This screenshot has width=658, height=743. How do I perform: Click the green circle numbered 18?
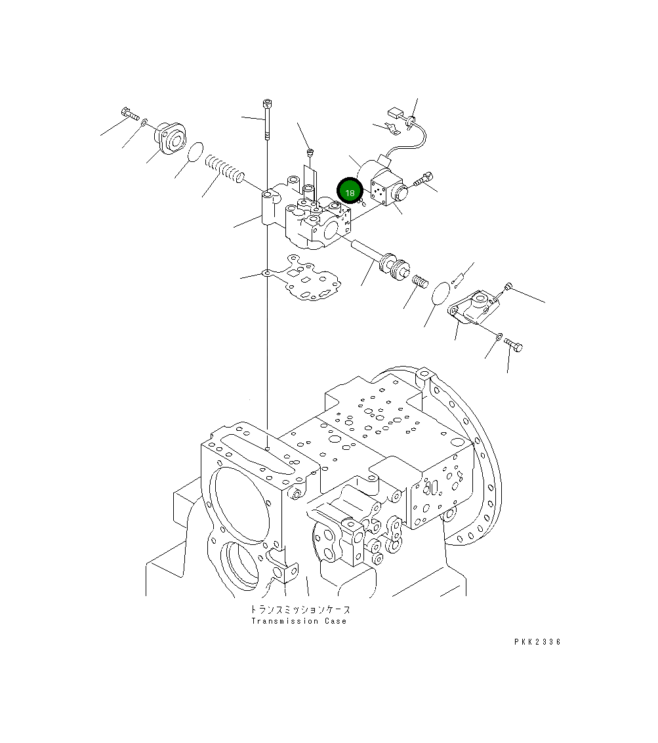click(x=350, y=192)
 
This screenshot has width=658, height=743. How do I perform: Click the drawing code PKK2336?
click(x=537, y=642)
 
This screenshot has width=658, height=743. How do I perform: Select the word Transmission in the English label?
click(x=283, y=621)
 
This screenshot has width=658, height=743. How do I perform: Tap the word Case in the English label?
click(x=335, y=621)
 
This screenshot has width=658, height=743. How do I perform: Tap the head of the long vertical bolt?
click(x=266, y=104)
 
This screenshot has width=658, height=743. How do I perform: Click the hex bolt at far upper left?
click(x=129, y=115)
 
